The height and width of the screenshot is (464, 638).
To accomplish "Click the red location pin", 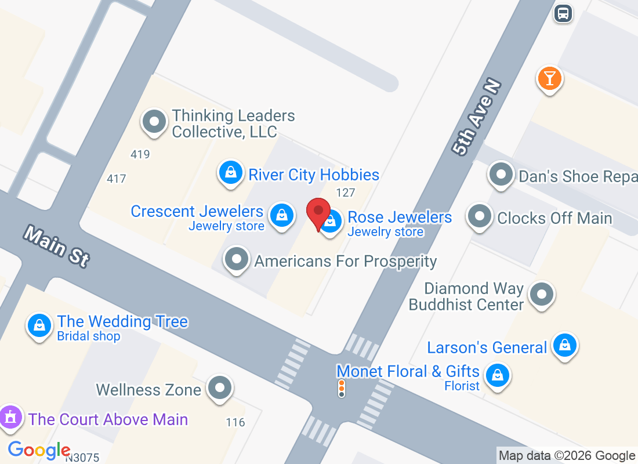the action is click(x=318, y=212).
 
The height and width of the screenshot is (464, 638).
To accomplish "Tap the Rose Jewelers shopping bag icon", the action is click(x=331, y=221).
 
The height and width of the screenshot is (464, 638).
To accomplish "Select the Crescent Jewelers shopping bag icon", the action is click(x=282, y=215).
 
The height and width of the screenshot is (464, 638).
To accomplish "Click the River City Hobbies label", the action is click(x=314, y=175).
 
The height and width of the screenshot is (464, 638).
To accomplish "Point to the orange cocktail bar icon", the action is click(x=549, y=78).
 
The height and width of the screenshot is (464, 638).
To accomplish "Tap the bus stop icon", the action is click(x=563, y=13).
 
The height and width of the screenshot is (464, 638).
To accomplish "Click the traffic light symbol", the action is click(x=342, y=389).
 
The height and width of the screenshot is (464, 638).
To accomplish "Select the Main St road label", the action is click(x=57, y=247).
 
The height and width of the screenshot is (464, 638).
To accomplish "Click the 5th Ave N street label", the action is click(x=476, y=118).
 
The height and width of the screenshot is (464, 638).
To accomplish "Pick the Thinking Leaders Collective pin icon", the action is click(x=154, y=122).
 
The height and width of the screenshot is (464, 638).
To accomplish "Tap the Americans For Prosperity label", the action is click(x=345, y=261).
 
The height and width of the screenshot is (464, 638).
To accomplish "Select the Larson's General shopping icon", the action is click(x=564, y=345).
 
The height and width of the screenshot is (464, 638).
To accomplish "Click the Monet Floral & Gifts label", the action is click(x=408, y=371).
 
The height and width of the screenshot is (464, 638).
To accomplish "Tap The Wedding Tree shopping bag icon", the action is click(x=39, y=325).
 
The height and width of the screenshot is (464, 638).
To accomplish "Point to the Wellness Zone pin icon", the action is click(x=220, y=387).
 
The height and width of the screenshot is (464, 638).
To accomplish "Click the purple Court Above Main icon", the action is click(x=10, y=418).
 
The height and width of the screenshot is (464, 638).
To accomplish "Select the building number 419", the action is click(x=140, y=154).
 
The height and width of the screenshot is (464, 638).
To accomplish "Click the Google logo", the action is click(x=39, y=449).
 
